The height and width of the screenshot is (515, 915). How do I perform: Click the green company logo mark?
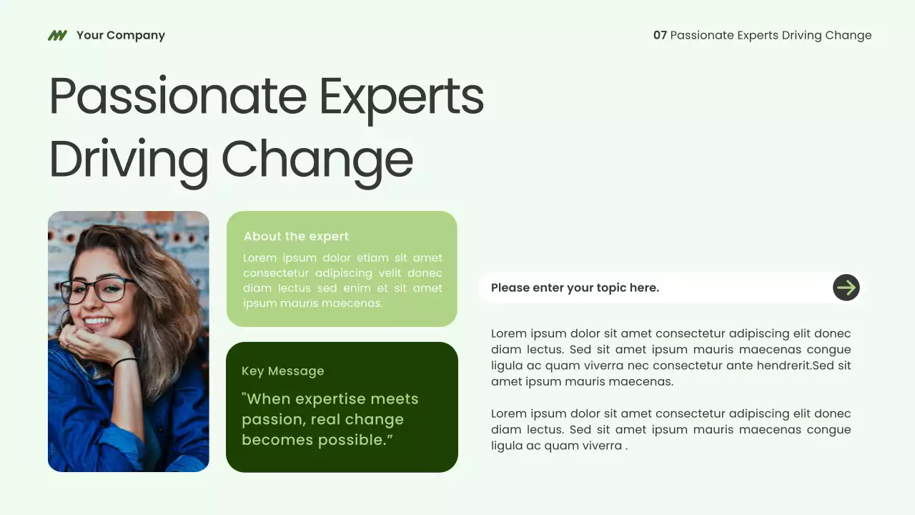click(x=57, y=35)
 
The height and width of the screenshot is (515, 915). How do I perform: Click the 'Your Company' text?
click(x=120, y=35)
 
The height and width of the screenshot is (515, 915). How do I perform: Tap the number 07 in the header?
click(x=660, y=35)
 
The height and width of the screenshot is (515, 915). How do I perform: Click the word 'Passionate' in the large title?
click(x=178, y=97)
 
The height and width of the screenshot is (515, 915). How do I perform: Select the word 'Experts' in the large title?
click(x=401, y=97)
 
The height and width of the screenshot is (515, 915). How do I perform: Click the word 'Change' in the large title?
click(x=317, y=159)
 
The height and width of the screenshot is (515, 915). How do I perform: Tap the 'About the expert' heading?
click(x=296, y=236)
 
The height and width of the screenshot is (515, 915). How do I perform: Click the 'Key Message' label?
click(x=282, y=371)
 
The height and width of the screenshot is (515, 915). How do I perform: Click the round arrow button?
click(x=846, y=288)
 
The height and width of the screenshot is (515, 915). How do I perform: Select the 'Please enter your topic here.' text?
click(x=575, y=288)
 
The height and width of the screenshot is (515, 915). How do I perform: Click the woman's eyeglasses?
click(x=98, y=290)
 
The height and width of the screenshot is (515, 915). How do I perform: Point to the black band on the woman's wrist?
click(x=124, y=363)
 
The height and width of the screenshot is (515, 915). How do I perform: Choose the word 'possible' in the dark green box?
click(x=355, y=440)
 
